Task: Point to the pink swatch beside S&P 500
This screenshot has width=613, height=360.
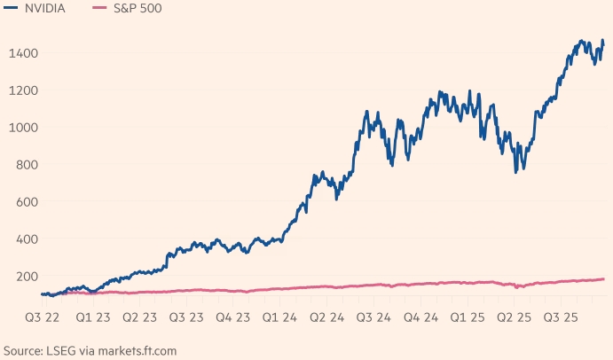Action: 101,8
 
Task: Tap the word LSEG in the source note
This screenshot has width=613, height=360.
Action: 59,351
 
